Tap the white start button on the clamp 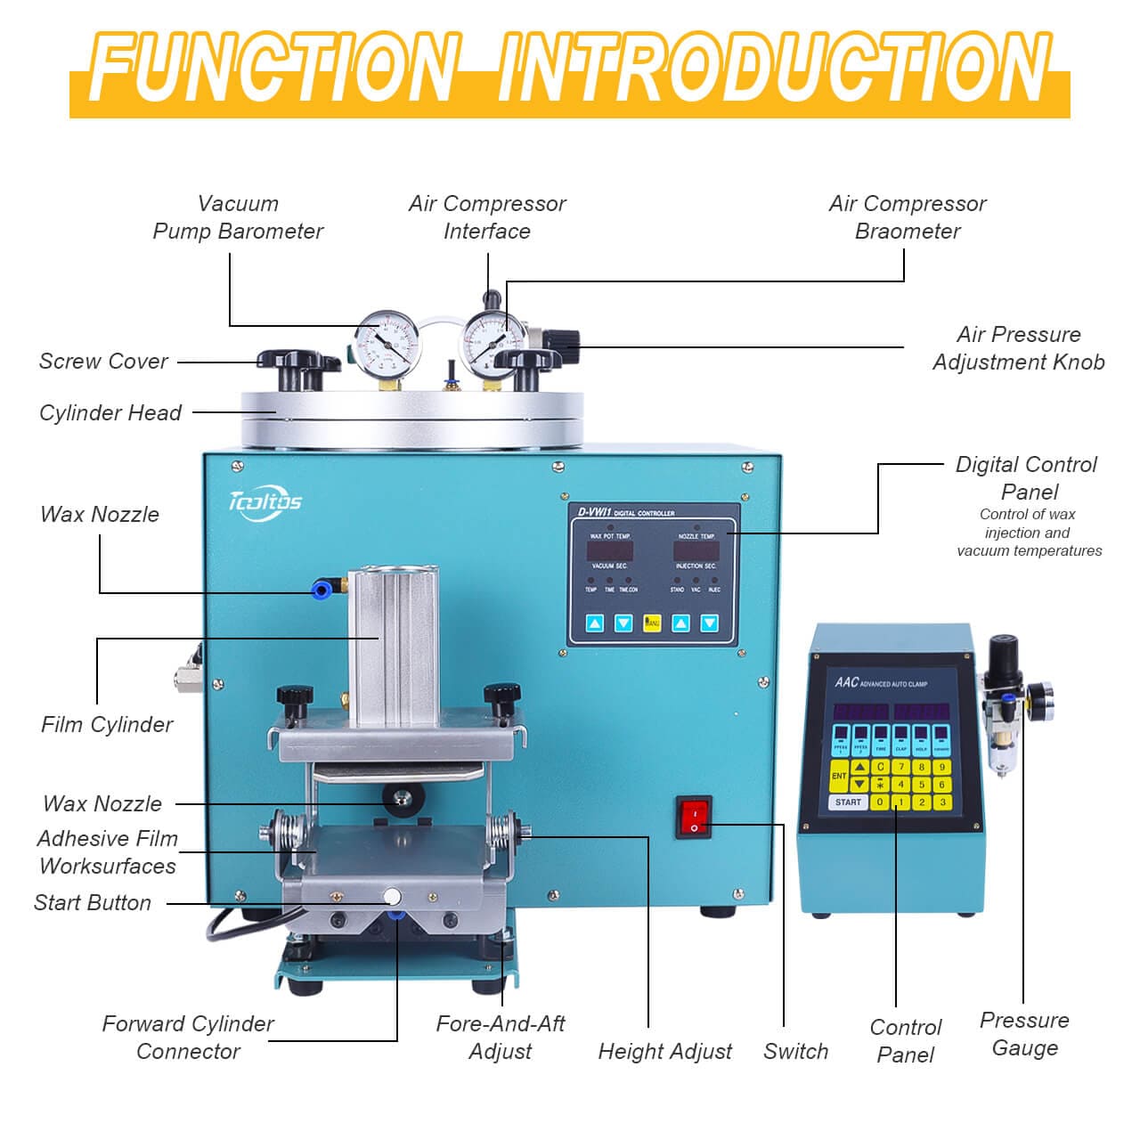pyautogui.click(x=391, y=897)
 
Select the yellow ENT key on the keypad pyautogui.click(x=838, y=776)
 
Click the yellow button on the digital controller pyautogui.click(x=652, y=623)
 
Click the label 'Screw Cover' pyautogui.click(x=103, y=361)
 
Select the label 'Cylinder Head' pyautogui.click(x=110, y=412)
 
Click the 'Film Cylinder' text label pyautogui.click(x=107, y=724)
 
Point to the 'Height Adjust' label pyautogui.click(x=664, y=1051)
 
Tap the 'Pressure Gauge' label pyautogui.click(x=1024, y=1033)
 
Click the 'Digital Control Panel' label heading pyautogui.click(x=1026, y=477)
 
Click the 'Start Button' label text pyautogui.click(x=93, y=902)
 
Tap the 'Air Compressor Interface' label pyautogui.click(x=487, y=217)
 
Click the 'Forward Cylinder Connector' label pyautogui.click(x=188, y=1037)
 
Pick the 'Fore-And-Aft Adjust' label pyautogui.click(x=501, y=1037)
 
